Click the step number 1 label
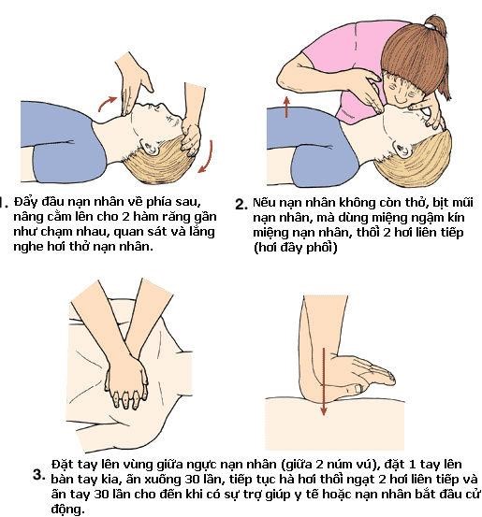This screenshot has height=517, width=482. click(4, 200)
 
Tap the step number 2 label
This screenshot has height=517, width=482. click(241, 204)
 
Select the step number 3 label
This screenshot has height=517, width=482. click(38, 474)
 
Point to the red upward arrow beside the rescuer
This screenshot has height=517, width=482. click(285, 105)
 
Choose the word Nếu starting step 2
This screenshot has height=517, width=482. click(268, 201)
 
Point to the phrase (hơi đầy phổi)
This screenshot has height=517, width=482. click(298, 249)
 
